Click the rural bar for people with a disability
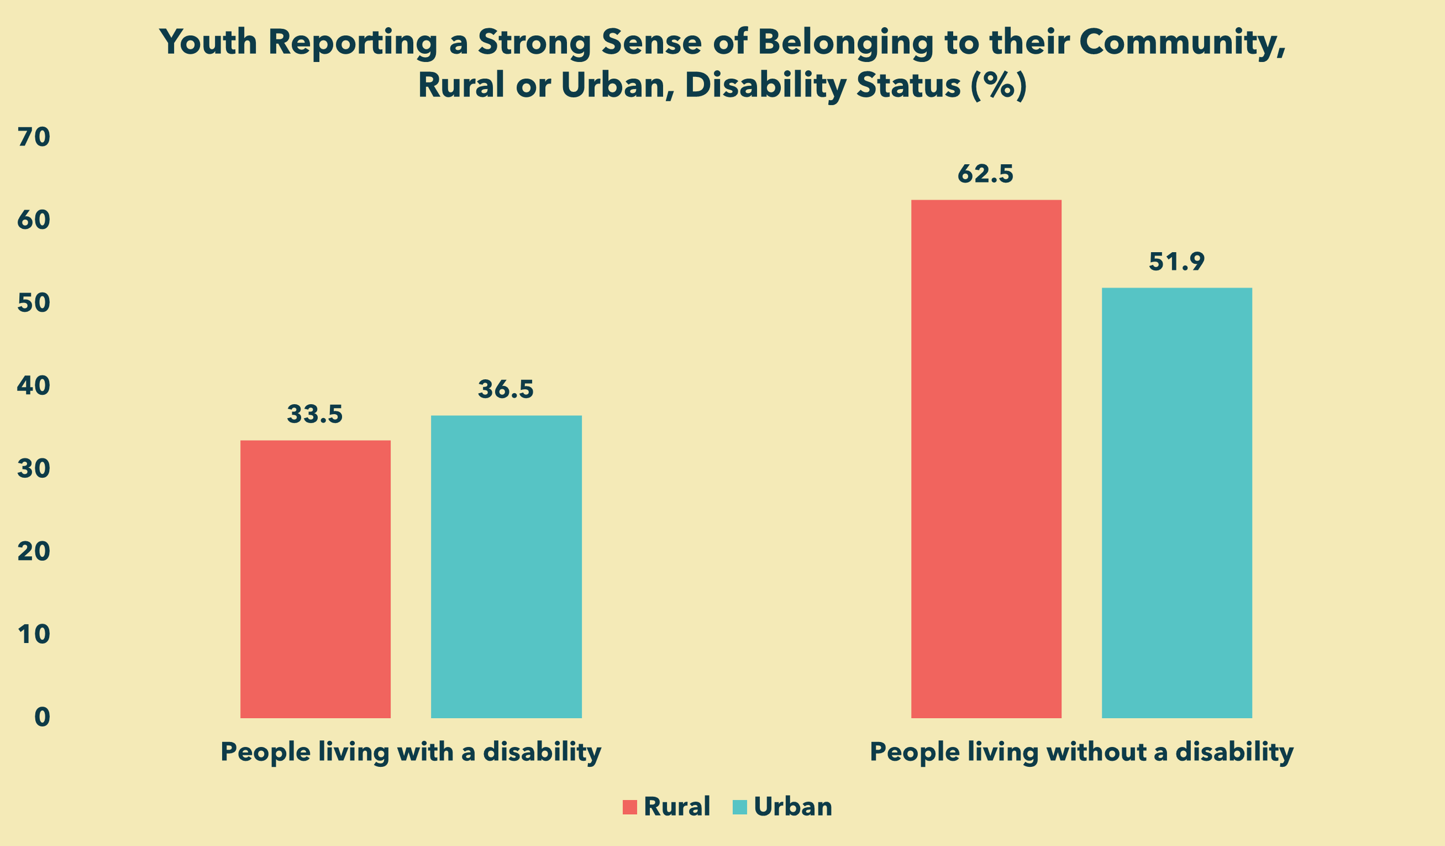[315, 579]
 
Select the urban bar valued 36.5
[506, 567]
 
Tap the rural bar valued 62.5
[986, 459]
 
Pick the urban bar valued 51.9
[1177, 503]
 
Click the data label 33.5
[315, 414]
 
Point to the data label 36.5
[506, 390]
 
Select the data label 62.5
[985, 174]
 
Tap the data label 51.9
[1176, 262]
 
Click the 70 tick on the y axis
[34, 137]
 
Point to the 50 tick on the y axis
[34, 303]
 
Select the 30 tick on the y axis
[34, 469]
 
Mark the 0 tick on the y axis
[42, 718]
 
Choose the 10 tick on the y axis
[34, 635]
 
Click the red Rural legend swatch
[629, 807]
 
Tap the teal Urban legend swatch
[740, 807]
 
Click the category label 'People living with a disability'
[411, 752]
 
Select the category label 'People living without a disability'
[1081, 752]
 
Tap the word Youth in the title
[208, 43]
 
